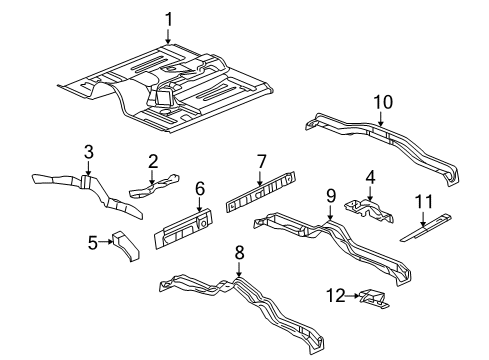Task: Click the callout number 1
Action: click(x=169, y=18)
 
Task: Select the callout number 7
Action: click(x=262, y=160)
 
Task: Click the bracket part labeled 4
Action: click(x=367, y=213)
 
